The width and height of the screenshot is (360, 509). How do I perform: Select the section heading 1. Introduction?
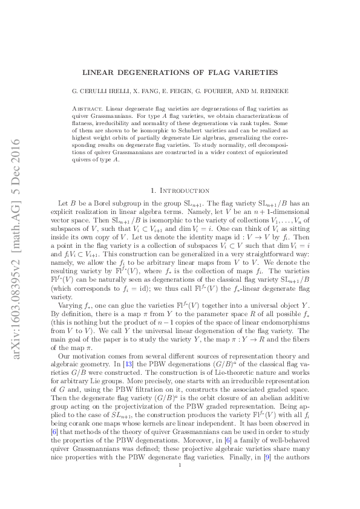[x=180, y=190]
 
